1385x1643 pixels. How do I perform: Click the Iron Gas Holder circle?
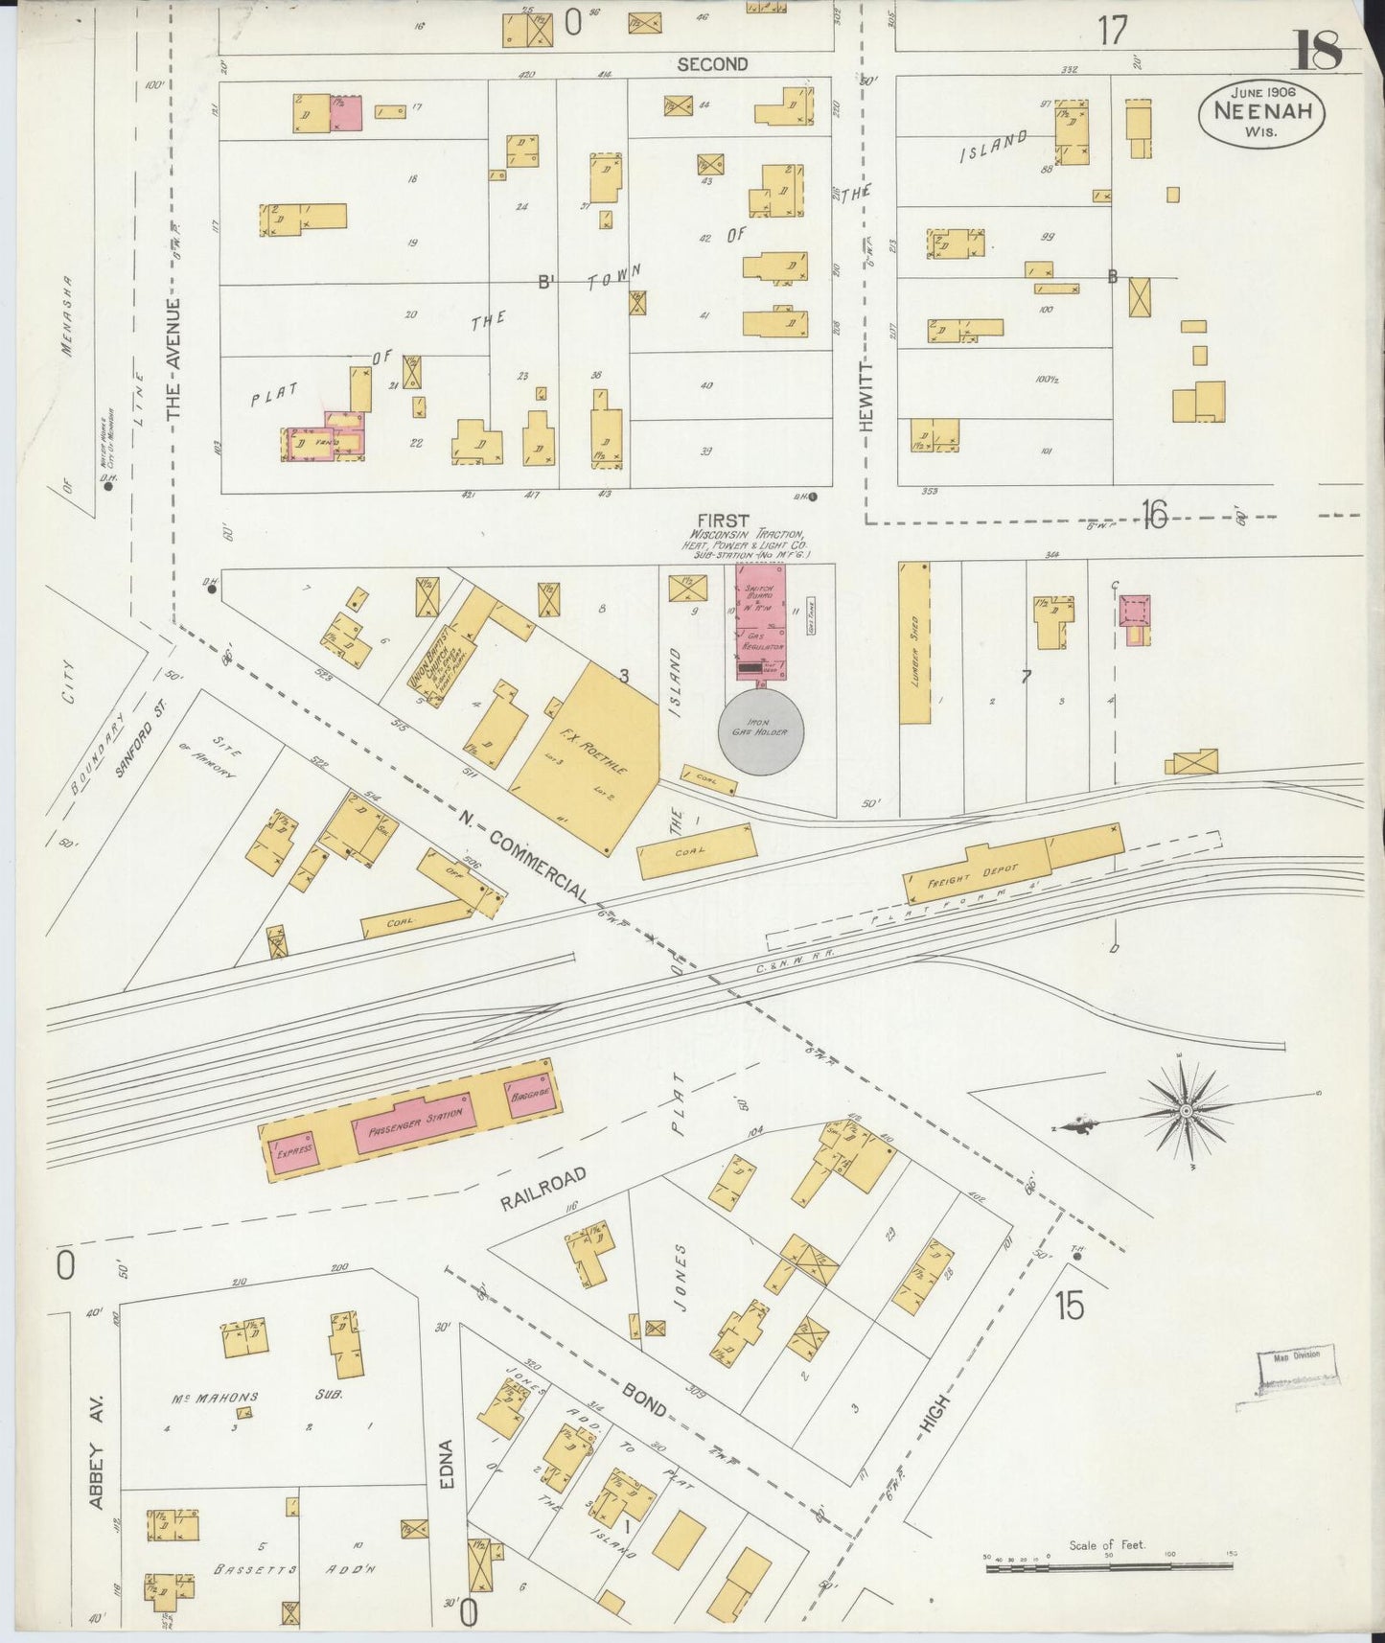(x=761, y=732)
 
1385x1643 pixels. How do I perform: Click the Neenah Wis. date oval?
(x=1261, y=113)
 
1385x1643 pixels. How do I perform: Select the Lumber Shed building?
(x=914, y=642)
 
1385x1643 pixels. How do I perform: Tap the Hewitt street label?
(x=867, y=395)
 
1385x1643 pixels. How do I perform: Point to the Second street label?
(x=711, y=64)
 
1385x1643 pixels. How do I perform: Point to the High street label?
(x=935, y=1419)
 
